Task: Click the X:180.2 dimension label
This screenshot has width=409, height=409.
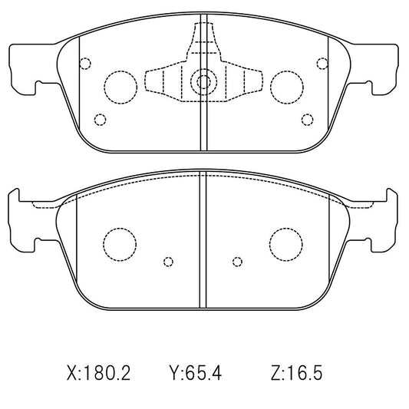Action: (98, 373)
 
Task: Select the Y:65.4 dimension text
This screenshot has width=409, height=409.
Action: (196, 373)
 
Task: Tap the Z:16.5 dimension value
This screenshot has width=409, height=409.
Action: (297, 373)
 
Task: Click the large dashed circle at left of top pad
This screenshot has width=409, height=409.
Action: (104, 87)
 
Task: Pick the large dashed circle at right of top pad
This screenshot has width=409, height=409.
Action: (271, 87)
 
